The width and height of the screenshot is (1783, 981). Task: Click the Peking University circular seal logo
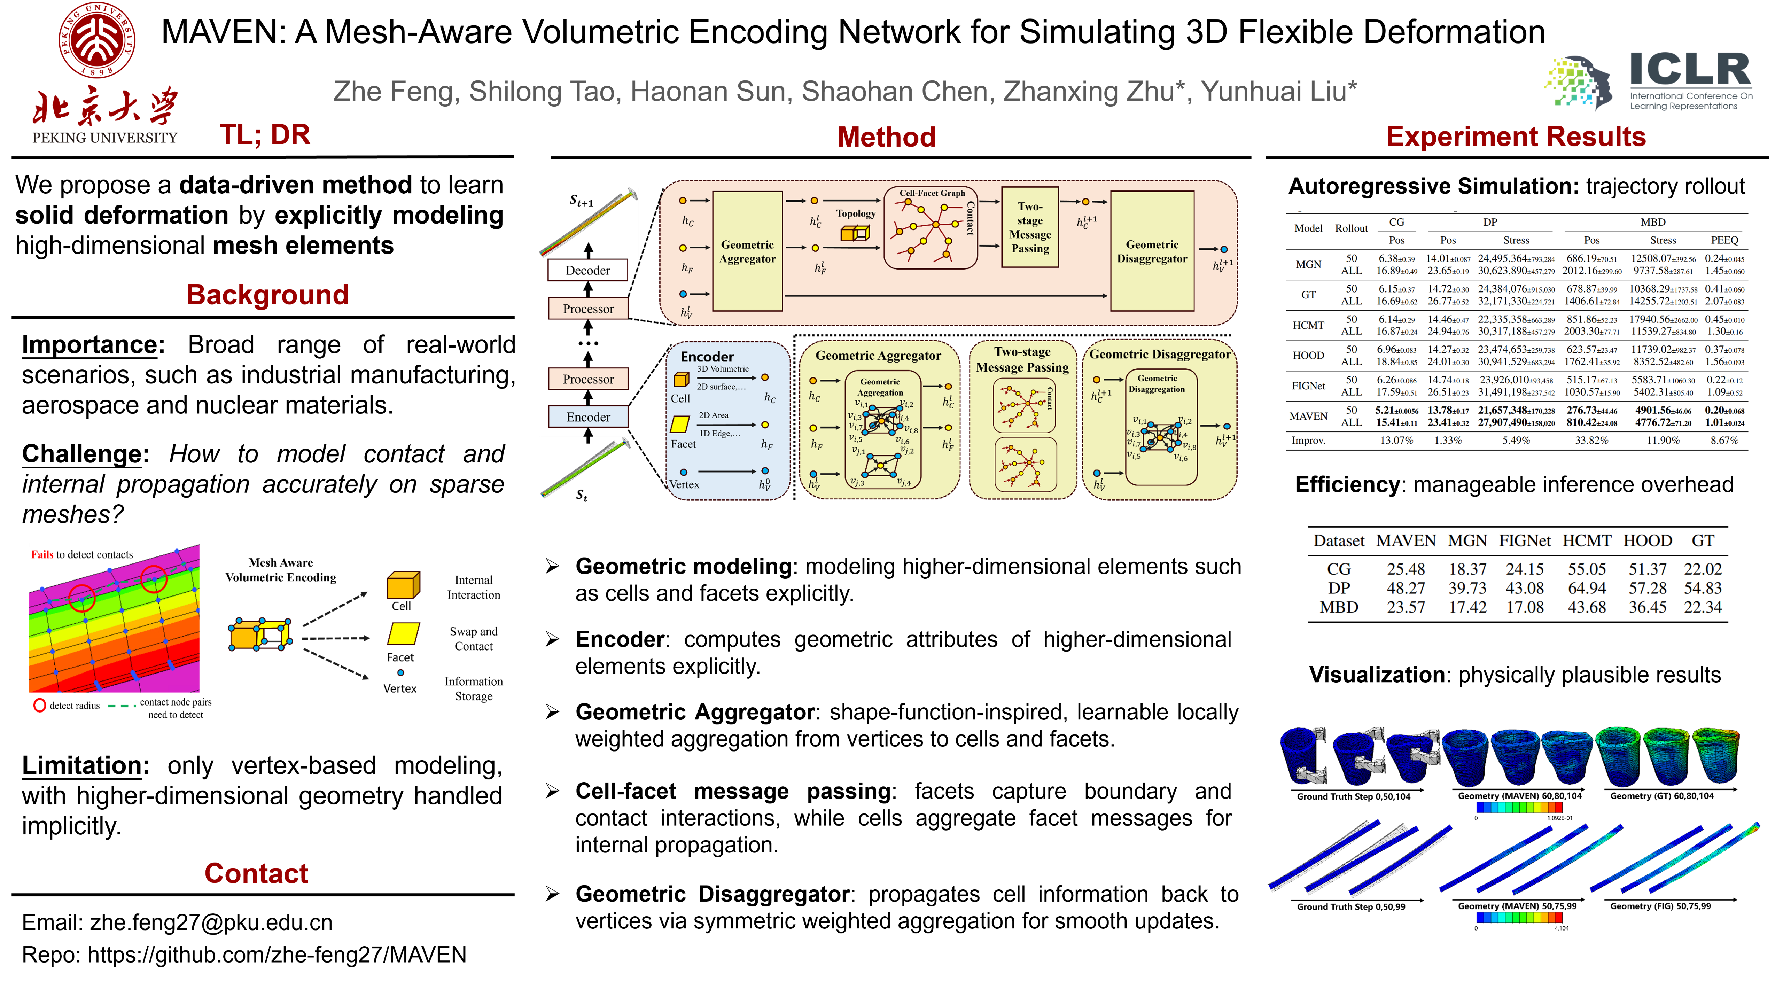97,40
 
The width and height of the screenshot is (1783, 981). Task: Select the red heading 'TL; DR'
265,135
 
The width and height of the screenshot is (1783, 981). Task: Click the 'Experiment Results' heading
1516,137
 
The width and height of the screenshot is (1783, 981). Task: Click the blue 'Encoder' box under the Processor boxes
588,417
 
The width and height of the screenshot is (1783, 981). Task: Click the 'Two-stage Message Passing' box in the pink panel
1030,227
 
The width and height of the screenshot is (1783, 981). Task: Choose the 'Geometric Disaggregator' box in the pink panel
1152,251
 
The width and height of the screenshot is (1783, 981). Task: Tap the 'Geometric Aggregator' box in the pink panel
748,251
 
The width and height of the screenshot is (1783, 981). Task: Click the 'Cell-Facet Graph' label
932,193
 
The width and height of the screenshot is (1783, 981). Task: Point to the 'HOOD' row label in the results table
1308,355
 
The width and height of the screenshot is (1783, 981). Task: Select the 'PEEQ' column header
1724,240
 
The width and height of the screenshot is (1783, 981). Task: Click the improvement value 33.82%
1591,440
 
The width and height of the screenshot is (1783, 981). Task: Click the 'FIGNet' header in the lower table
1525,541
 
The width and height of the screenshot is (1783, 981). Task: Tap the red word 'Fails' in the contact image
42,554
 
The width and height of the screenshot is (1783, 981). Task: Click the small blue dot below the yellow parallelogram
401,672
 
